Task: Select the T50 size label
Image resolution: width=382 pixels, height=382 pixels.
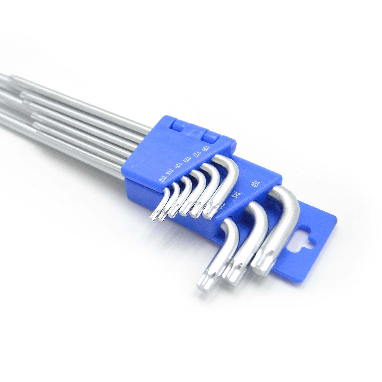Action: [254, 184]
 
